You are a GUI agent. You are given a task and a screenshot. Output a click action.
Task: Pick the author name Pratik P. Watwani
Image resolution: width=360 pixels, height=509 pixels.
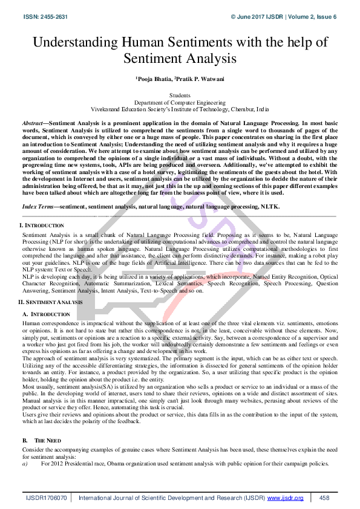tap(200, 79)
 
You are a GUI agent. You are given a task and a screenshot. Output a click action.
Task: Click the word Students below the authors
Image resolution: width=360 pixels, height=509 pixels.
tap(180, 96)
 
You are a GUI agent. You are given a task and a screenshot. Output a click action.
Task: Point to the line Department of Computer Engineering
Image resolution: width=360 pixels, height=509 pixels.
tap(180, 103)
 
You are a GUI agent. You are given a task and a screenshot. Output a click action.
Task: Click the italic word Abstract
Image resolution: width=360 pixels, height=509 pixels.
tap(31, 122)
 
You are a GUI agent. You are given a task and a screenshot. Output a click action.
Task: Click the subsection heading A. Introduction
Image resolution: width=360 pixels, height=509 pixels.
tap(46, 314)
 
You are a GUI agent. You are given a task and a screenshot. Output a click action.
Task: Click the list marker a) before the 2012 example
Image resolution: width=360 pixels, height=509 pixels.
tap(25, 463)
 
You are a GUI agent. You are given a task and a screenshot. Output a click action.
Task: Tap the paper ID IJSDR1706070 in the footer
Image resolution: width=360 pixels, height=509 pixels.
tap(47, 497)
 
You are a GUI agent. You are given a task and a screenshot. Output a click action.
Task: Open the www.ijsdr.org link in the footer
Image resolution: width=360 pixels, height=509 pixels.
tap(285, 497)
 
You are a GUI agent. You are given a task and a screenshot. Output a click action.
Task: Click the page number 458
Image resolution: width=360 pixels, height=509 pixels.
tap(324, 497)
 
